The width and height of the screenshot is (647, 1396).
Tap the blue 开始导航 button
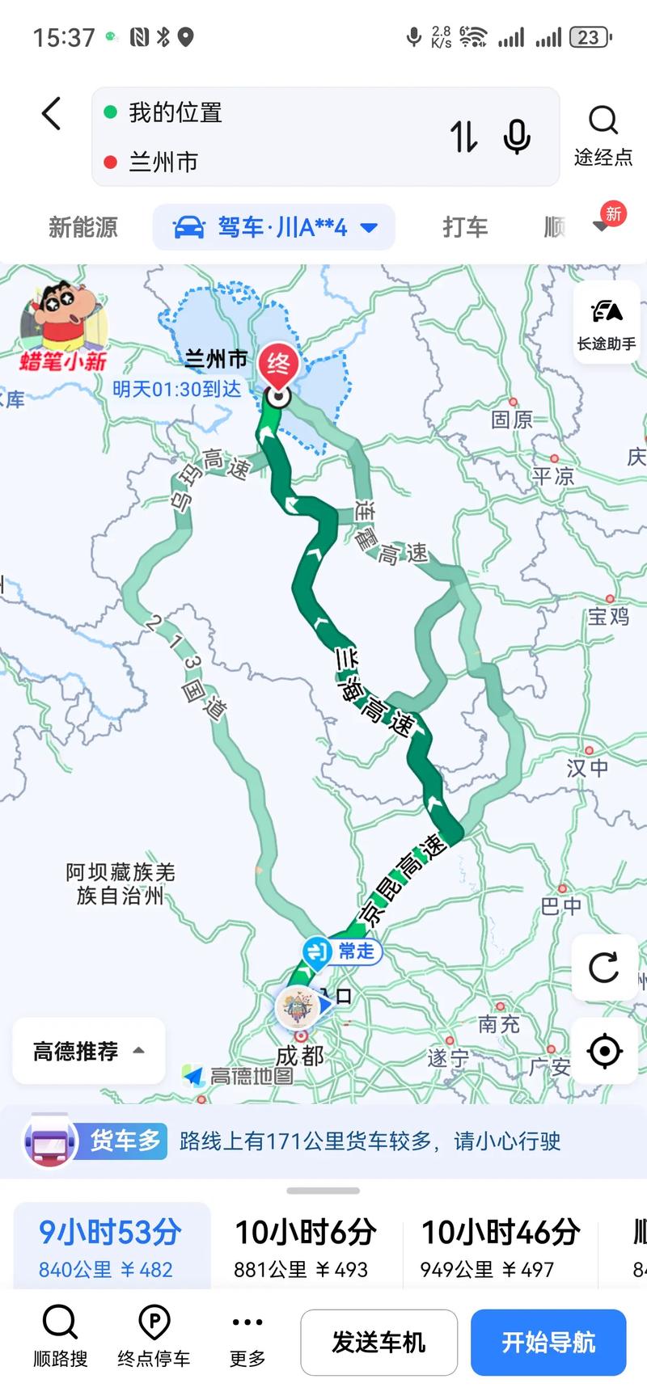pyautogui.click(x=548, y=1342)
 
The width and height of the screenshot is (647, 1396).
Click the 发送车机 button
pyautogui.click(x=378, y=1342)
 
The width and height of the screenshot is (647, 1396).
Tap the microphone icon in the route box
pyautogui.click(x=517, y=136)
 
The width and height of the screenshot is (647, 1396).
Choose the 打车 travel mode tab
pyautogui.click(x=465, y=227)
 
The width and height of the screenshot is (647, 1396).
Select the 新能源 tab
pyautogui.click(x=83, y=227)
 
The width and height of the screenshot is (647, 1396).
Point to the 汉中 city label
pyautogui.click(x=587, y=766)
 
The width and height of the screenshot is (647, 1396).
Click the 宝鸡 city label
pyautogui.click(x=608, y=616)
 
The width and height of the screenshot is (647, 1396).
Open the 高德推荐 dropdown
pyautogui.click(x=89, y=1051)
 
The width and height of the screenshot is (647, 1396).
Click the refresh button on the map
pyautogui.click(x=603, y=967)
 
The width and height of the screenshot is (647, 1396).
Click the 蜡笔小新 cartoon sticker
pyautogui.click(x=63, y=326)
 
